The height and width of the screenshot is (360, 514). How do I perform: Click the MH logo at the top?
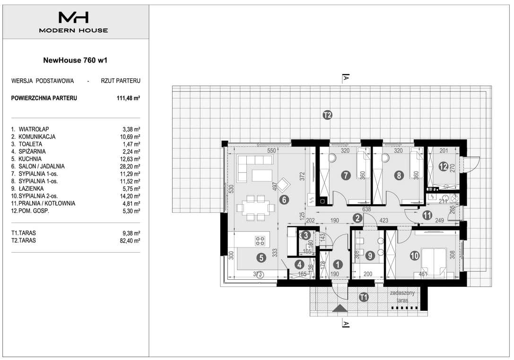click(x=73, y=17)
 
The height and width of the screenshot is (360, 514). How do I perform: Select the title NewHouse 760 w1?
click(x=75, y=60)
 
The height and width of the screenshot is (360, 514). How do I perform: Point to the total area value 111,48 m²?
click(x=129, y=98)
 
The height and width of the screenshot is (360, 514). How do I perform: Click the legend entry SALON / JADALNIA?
click(x=41, y=166)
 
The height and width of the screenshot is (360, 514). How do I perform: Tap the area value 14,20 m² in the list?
click(x=130, y=196)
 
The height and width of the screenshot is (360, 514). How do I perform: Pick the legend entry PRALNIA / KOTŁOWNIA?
click(x=46, y=204)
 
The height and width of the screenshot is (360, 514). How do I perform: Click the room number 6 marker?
click(x=284, y=199)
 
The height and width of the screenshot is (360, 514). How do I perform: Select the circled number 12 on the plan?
click(x=443, y=166)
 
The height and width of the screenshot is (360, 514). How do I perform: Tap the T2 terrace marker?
click(x=327, y=115)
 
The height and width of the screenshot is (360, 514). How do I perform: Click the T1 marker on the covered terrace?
click(x=364, y=297)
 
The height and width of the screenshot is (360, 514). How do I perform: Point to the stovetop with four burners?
click(x=260, y=241)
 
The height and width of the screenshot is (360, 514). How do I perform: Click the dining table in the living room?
click(x=256, y=208)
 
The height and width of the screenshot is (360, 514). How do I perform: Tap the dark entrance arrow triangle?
click(x=340, y=309)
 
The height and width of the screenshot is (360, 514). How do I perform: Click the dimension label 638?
click(x=366, y=209)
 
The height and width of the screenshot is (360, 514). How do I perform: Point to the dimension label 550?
click(x=271, y=151)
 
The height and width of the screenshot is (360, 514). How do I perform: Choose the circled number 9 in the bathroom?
click(x=370, y=255)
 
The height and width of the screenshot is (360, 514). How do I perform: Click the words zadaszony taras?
click(x=402, y=296)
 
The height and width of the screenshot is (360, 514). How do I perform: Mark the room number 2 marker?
click(x=357, y=218)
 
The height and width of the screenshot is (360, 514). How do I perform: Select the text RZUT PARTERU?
click(x=121, y=81)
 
